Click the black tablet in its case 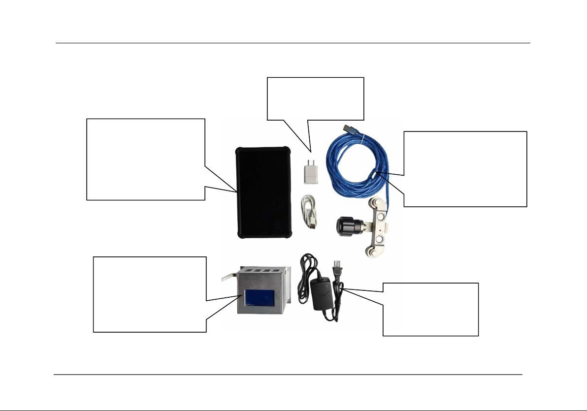[261, 192]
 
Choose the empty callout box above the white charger [315, 98]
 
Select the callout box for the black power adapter [431, 309]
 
